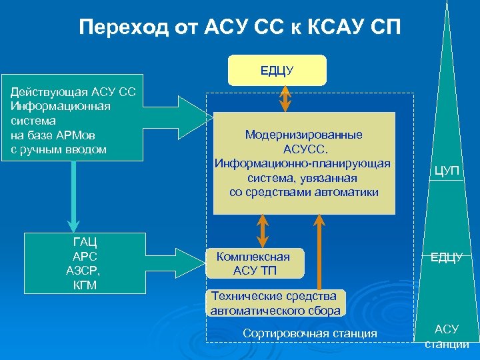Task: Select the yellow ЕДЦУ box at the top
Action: (x=277, y=70)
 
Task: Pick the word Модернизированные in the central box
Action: (x=303, y=135)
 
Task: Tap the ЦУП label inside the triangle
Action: (x=446, y=171)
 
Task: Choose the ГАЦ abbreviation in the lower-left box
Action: (x=84, y=242)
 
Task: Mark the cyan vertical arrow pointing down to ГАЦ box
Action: (x=73, y=197)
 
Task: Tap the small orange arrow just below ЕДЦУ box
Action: (x=287, y=97)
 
